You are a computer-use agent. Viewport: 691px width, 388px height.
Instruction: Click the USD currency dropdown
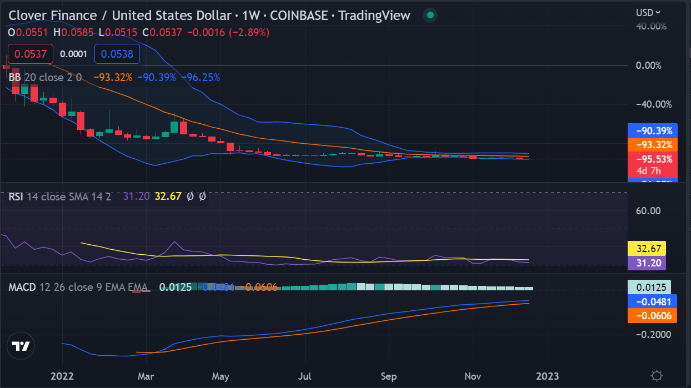pos(648,12)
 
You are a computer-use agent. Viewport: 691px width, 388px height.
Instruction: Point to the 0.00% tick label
pos(648,65)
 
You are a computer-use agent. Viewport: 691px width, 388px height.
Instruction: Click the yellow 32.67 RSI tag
pos(646,248)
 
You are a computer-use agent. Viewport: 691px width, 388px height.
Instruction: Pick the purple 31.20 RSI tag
pos(646,263)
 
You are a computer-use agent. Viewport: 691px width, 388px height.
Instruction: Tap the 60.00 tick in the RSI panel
pos(648,210)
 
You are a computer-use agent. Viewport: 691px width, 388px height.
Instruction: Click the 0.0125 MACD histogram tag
pos(649,288)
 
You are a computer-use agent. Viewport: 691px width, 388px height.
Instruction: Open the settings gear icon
pos(657,375)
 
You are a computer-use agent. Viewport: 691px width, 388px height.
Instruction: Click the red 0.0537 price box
pos(30,54)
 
